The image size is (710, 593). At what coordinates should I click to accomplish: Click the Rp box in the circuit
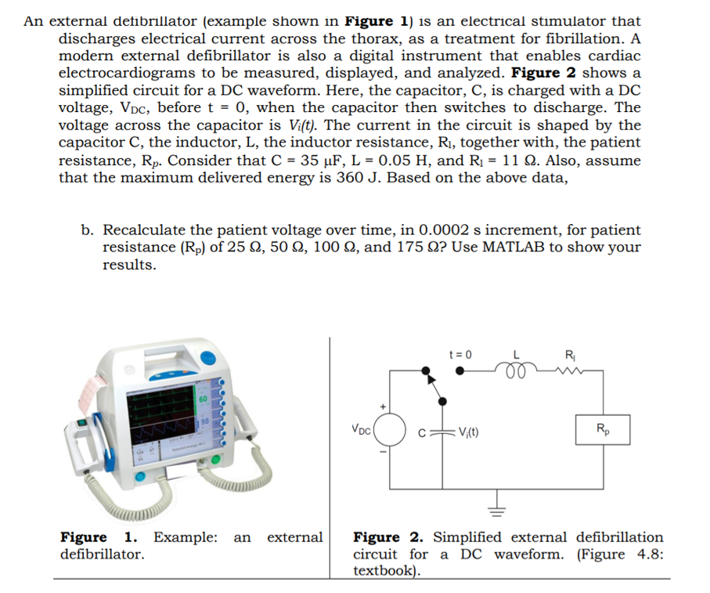[600, 428]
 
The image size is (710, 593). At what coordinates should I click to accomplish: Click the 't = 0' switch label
[462, 355]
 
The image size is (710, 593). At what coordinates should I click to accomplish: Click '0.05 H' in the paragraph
[402, 161]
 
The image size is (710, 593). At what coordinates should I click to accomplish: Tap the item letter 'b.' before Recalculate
[88, 230]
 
